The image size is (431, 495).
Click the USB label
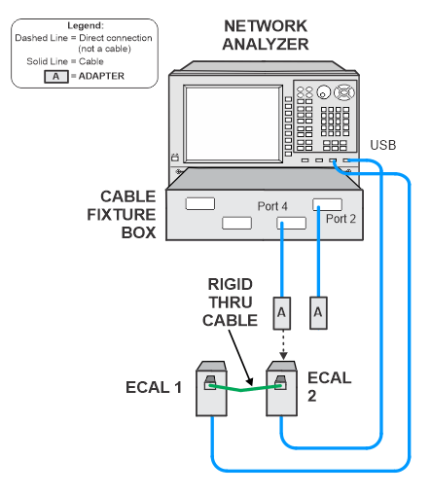(x=383, y=145)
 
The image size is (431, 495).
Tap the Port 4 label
(x=272, y=206)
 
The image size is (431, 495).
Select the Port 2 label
(x=341, y=219)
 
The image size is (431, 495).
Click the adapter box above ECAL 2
(x=282, y=313)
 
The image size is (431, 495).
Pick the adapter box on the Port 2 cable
(x=318, y=313)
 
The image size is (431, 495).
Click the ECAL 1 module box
(x=211, y=389)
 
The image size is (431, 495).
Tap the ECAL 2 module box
(x=281, y=389)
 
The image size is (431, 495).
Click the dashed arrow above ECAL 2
(x=283, y=344)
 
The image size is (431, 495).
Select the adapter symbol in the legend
(x=56, y=77)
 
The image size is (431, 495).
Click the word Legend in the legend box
(x=86, y=25)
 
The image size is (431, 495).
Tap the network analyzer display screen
(x=233, y=124)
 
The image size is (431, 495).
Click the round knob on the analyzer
(x=323, y=92)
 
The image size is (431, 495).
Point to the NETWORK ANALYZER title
(x=266, y=35)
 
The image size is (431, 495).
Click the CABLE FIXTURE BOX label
(x=122, y=215)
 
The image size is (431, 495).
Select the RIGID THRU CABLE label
(x=230, y=302)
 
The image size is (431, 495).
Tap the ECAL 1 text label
(x=154, y=387)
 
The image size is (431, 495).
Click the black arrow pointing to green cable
(x=240, y=357)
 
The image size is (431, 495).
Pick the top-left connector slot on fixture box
(x=200, y=204)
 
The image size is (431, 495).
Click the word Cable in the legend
(x=91, y=61)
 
